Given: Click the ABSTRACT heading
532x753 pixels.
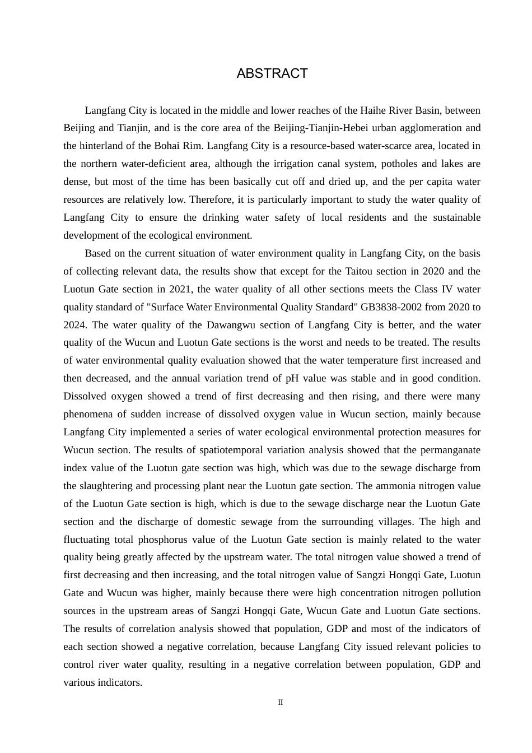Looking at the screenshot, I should (272, 73).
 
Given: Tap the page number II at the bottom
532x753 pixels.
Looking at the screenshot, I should (281, 703).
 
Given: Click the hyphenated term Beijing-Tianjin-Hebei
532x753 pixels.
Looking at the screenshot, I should (320, 128).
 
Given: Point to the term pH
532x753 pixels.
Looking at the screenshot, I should (292, 378).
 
